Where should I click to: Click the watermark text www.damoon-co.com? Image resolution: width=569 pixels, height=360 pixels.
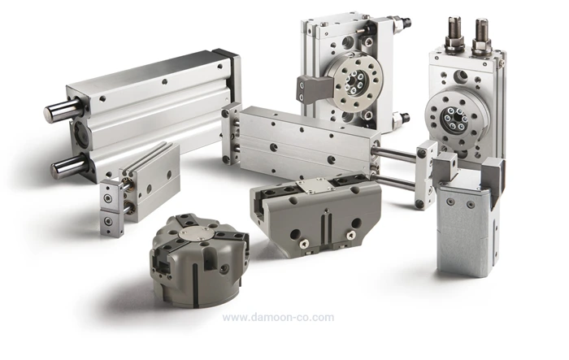pyautogui.click(x=278, y=318)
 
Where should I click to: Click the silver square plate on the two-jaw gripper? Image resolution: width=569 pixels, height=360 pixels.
pyautogui.click(x=314, y=184)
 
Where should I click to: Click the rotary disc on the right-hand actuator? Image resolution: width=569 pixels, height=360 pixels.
pyautogui.click(x=453, y=117)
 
